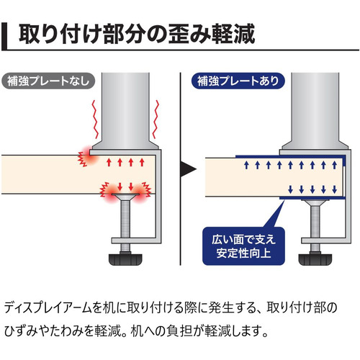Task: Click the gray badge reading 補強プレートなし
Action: pos(48,81)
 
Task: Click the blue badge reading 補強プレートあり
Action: pos(238,81)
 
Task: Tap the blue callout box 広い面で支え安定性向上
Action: pos(243,246)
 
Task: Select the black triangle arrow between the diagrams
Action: pos(189,169)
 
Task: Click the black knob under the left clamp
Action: pos(125,259)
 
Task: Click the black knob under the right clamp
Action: pos(315,259)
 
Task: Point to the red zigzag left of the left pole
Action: pos(96,120)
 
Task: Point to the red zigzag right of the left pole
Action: pos(156,120)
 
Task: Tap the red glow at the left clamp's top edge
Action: pos(89,156)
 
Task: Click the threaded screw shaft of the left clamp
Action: pos(125,219)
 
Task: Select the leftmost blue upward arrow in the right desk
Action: pos(246,165)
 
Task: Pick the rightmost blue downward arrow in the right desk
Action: pos(335,189)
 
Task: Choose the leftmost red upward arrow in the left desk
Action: pos(109,162)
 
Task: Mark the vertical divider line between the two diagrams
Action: pos(180,169)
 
